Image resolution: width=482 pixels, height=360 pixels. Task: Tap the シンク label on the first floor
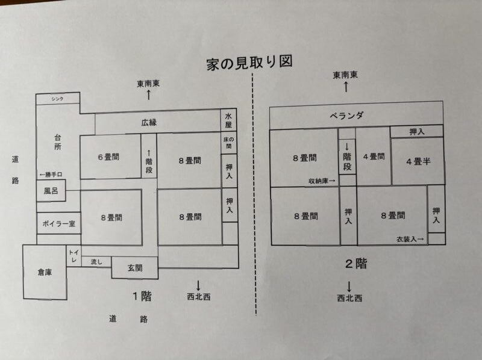pyautogui.click(x=57, y=99)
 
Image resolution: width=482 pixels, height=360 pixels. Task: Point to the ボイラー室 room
pyautogui.click(x=58, y=223)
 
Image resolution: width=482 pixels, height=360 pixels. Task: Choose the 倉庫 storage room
pyautogui.click(x=45, y=272)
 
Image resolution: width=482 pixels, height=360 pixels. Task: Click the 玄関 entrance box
pyautogui.click(x=134, y=268)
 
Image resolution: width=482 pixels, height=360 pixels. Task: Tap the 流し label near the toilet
pyautogui.click(x=96, y=262)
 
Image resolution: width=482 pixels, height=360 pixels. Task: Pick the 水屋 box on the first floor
pyautogui.click(x=229, y=121)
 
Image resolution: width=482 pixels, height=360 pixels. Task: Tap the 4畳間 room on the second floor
pyautogui.click(x=374, y=157)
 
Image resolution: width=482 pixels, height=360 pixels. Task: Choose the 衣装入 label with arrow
pyautogui.click(x=410, y=239)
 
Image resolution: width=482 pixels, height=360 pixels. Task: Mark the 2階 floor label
pyautogui.click(x=356, y=263)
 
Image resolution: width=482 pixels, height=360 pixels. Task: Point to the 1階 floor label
pyautogui.click(x=142, y=296)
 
